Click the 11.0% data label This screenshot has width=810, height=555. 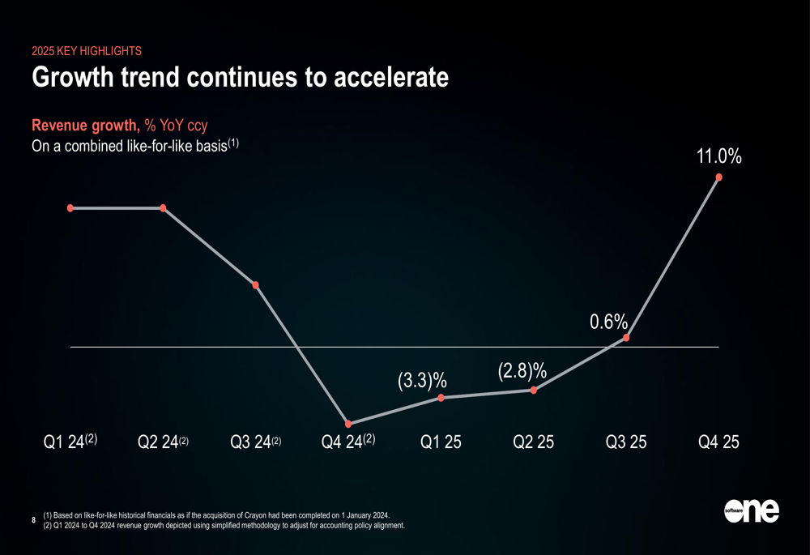(x=718, y=156)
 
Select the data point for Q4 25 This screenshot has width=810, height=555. (x=718, y=177)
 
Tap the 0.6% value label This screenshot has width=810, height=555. (x=608, y=322)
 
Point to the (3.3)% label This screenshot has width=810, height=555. (x=423, y=380)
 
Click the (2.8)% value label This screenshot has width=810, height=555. (x=522, y=371)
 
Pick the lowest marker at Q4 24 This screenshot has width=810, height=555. (x=348, y=424)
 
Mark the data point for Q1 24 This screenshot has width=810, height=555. (x=71, y=208)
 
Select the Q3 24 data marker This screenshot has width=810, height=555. (x=256, y=285)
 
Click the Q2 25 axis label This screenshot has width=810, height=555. (x=534, y=442)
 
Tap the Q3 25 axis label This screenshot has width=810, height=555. (x=626, y=442)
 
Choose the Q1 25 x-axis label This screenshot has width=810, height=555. (x=441, y=442)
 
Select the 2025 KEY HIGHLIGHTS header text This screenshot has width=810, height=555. (x=86, y=51)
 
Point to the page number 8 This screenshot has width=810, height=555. (x=33, y=519)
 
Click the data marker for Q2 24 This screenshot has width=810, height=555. (x=164, y=208)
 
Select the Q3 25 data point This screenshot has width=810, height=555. (x=626, y=337)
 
